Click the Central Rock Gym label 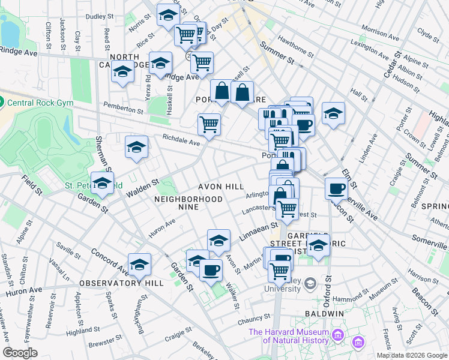[41, 103]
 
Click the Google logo [20, 353]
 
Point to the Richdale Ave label [181, 140]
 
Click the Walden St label [142, 187]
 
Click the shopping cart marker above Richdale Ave [209, 124]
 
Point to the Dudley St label [100, 17]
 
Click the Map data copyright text [412, 355]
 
